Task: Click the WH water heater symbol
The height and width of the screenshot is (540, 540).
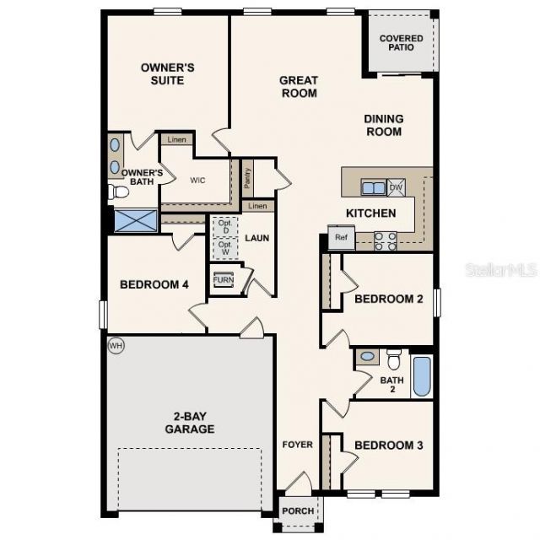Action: pos(116,345)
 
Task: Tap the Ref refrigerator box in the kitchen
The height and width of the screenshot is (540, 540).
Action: pos(341,237)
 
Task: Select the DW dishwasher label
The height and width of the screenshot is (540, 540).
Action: pos(397,187)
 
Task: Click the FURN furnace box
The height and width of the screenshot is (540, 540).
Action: pos(224,280)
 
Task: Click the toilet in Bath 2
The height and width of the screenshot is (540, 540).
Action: pos(393,359)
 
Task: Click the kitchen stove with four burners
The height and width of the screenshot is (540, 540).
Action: pos(386,241)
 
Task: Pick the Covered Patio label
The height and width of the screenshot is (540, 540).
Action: pos(402,43)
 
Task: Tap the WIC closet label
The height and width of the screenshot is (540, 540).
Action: pos(198,180)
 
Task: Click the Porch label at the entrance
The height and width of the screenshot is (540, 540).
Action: pos(298,511)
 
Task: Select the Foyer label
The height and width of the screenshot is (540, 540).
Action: pos(297,445)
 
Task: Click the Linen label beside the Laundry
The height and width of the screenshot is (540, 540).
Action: pos(258,207)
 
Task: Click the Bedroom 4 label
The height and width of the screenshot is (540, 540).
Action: pos(154,285)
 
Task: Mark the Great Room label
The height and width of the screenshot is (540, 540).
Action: pos(299,87)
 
